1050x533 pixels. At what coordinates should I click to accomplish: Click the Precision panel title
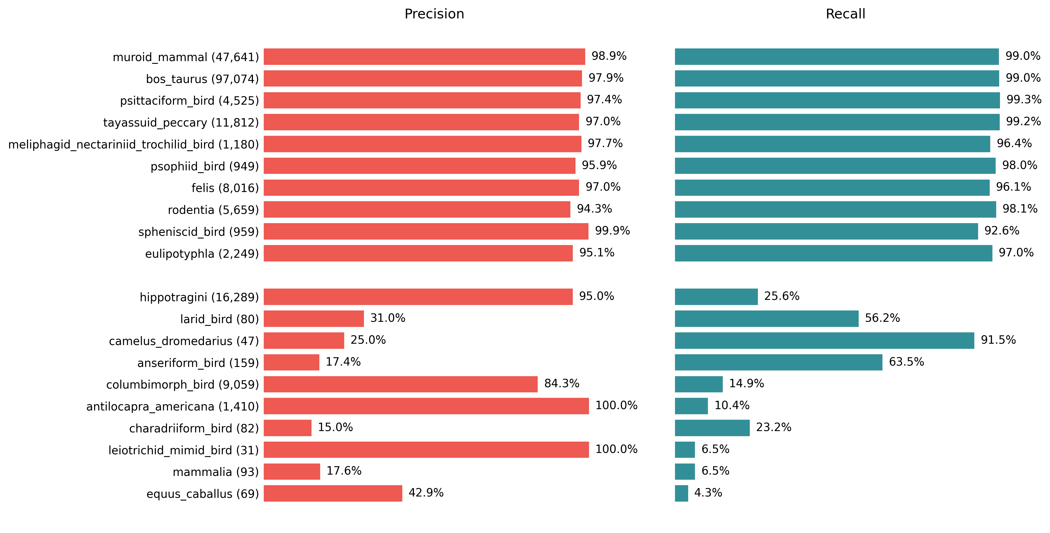[434, 14]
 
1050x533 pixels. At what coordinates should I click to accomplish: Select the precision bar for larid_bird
[313, 319]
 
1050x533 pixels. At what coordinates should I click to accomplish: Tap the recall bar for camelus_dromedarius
[824, 340]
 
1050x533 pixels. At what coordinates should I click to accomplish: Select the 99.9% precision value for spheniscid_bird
[612, 231]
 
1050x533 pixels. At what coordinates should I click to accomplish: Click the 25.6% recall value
[781, 296]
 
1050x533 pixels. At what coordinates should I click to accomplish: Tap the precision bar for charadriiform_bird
[287, 428]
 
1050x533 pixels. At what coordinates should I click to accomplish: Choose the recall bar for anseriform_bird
[778, 362]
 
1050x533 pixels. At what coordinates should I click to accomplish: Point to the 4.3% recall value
[708, 493]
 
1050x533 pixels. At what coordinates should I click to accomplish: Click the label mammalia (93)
[216, 472]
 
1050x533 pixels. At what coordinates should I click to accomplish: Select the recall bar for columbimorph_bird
[698, 384]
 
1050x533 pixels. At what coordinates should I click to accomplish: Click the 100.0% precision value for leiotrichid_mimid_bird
[616, 449]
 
